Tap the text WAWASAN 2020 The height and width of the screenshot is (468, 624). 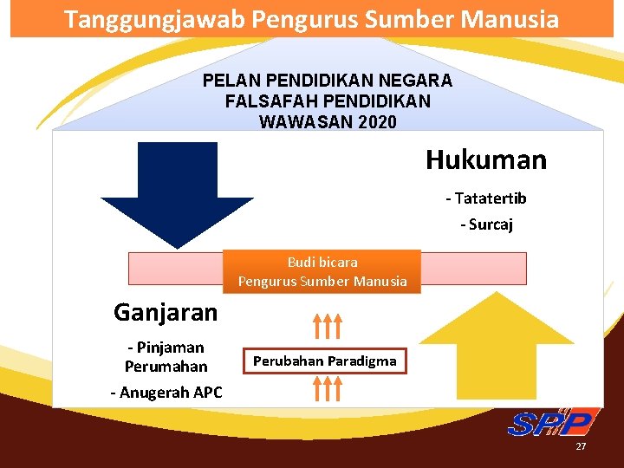tap(328, 121)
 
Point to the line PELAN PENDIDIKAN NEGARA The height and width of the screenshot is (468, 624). tap(328, 81)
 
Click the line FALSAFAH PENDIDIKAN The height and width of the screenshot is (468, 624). tap(328, 101)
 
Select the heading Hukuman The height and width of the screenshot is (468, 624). tap(486, 160)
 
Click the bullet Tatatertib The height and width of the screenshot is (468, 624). tap(486, 198)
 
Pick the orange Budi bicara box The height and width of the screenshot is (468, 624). tap(322, 271)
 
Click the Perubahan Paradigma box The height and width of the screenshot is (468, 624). tap(324, 361)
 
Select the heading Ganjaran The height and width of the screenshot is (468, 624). tap(166, 311)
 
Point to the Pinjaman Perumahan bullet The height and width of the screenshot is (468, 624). tap(166, 357)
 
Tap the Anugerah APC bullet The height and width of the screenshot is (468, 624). tap(166, 393)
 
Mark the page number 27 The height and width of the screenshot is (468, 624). tap(582, 446)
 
